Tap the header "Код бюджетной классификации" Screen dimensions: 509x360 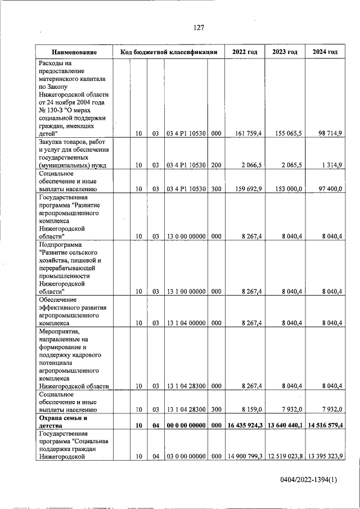click(x=168, y=52)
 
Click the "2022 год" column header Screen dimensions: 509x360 click(x=245, y=52)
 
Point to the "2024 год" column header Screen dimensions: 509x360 click(x=325, y=52)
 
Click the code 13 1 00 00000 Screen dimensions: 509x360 click(x=186, y=291)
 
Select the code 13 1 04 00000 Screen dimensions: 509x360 click(x=186, y=323)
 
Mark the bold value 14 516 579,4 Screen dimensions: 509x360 click(x=325, y=426)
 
